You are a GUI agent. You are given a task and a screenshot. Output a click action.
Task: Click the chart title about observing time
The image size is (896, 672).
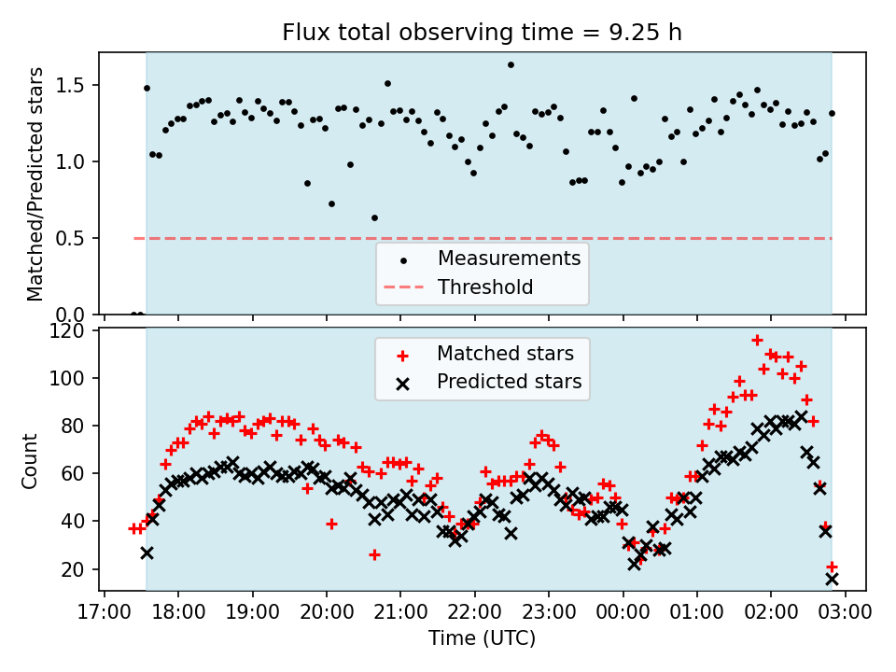pos(483,33)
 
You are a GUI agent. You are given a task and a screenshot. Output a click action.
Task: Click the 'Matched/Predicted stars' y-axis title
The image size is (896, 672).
pos(35,184)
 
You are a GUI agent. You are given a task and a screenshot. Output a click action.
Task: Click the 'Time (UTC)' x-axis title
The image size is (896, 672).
pos(483,638)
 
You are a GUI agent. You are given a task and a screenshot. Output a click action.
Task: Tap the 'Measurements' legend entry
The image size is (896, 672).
pos(509,258)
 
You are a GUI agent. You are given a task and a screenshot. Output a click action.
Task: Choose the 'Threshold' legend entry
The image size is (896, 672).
pos(484,287)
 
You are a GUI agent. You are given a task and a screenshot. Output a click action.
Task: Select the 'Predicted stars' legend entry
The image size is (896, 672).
pos(509,382)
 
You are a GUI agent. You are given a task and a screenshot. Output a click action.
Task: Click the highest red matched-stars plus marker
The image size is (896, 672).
pos(757,340)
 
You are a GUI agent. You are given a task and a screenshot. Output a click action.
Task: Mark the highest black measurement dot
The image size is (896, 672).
pos(511,64)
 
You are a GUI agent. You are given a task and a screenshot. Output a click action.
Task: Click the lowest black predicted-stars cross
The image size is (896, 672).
pos(832,579)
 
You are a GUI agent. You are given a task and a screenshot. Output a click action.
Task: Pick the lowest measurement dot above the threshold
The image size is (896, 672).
pos(374,217)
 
